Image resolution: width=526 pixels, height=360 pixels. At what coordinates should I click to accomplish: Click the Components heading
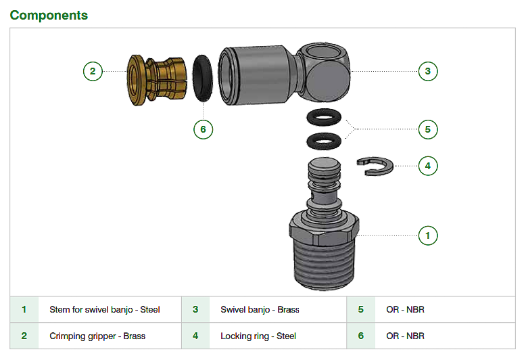[49, 15]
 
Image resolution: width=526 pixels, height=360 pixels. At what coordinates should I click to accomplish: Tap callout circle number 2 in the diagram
[93, 71]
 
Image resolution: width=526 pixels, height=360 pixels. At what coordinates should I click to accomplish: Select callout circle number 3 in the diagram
[428, 71]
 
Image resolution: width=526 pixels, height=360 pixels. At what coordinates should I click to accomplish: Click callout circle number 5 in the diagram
[428, 129]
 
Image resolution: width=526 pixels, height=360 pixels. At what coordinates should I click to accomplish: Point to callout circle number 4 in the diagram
[428, 166]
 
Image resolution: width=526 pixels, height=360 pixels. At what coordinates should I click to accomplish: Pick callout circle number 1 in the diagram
[428, 235]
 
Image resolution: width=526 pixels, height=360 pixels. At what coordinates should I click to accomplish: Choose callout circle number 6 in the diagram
[203, 129]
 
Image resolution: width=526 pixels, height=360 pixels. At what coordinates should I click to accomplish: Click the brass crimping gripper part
[156, 80]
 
